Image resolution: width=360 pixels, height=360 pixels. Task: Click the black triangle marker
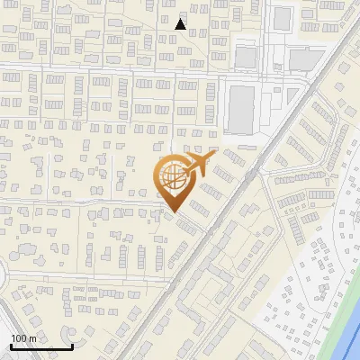(x=181, y=24)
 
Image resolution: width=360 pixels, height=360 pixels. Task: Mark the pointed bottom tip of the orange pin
(x=173, y=211)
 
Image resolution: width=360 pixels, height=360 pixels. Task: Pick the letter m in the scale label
(x=33, y=338)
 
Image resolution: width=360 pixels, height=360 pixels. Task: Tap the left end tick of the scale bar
(x=10, y=346)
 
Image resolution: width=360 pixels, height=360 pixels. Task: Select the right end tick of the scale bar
(x=73, y=346)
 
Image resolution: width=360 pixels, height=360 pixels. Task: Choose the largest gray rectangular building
(x=241, y=109)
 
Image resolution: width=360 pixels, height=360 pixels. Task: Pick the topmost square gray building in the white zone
(x=283, y=17)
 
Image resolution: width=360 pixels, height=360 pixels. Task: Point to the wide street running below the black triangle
(x=135, y=69)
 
